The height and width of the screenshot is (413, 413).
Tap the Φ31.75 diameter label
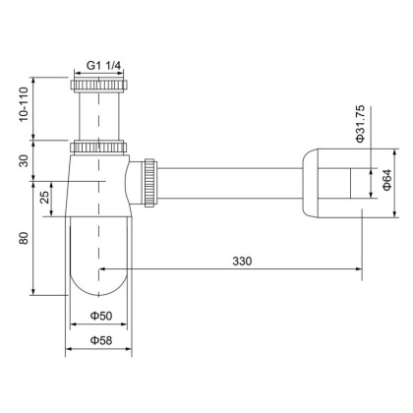360,123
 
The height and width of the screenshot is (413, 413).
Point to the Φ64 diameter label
385,181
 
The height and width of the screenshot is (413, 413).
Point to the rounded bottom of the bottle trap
97,285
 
